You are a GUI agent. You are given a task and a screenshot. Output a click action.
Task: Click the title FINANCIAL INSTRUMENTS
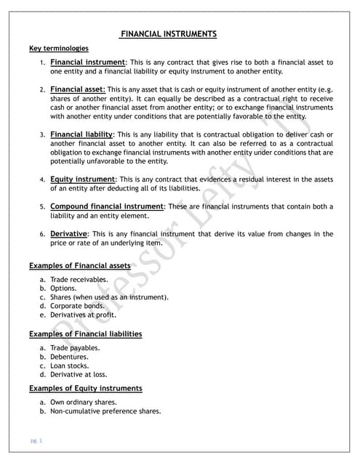168,34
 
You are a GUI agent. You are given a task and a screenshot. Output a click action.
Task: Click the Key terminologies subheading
59,49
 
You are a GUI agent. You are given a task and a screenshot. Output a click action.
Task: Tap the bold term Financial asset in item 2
78,89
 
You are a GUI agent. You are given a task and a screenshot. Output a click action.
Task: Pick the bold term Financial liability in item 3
81,134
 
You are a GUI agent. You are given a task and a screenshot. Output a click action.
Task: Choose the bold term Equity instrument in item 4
82,179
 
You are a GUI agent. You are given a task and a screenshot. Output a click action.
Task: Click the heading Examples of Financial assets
80,265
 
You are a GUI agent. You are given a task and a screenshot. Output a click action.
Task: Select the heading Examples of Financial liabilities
85,333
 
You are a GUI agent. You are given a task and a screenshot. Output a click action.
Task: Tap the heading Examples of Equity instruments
85,388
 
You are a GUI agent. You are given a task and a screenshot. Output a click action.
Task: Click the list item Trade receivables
79,279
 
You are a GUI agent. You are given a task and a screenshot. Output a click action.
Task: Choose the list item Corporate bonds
78,306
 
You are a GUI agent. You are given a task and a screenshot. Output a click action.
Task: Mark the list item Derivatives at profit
83,315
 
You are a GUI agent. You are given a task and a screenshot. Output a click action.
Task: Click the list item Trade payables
75,348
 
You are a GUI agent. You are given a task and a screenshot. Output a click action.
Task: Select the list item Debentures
71,357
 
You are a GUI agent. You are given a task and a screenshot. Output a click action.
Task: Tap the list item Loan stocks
71,365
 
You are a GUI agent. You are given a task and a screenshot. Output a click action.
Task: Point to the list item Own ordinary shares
83,402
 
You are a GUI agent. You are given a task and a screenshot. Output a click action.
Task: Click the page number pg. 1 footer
36,440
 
